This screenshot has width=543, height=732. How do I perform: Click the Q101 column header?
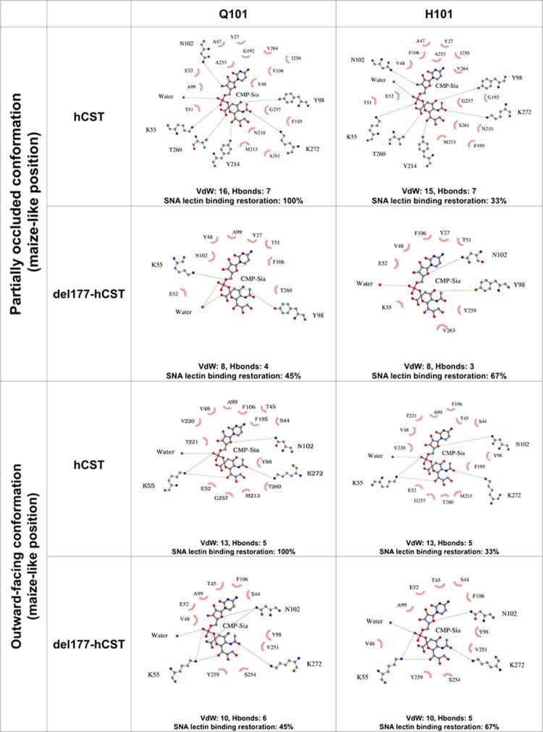[x=233, y=14]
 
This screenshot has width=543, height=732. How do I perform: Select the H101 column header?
[x=439, y=14]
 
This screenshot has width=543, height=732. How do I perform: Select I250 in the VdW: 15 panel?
[x=464, y=53]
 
